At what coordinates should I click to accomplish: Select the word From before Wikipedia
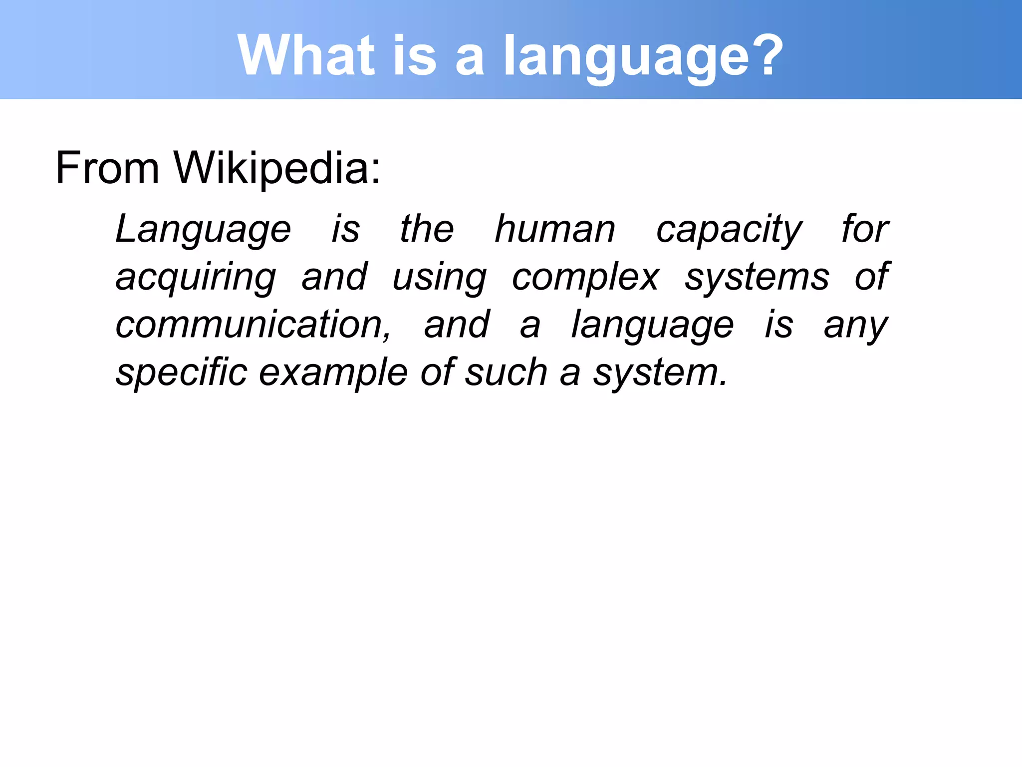(x=107, y=168)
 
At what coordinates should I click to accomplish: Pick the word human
(x=555, y=230)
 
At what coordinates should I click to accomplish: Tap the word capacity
(x=729, y=230)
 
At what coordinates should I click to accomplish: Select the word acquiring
(x=196, y=278)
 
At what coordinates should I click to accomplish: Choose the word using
(x=439, y=278)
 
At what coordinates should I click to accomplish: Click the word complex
(x=585, y=278)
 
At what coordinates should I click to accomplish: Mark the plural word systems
(x=757, y=278)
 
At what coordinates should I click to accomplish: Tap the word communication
(x=253, y=325)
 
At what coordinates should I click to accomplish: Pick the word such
(x=506, y=373)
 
